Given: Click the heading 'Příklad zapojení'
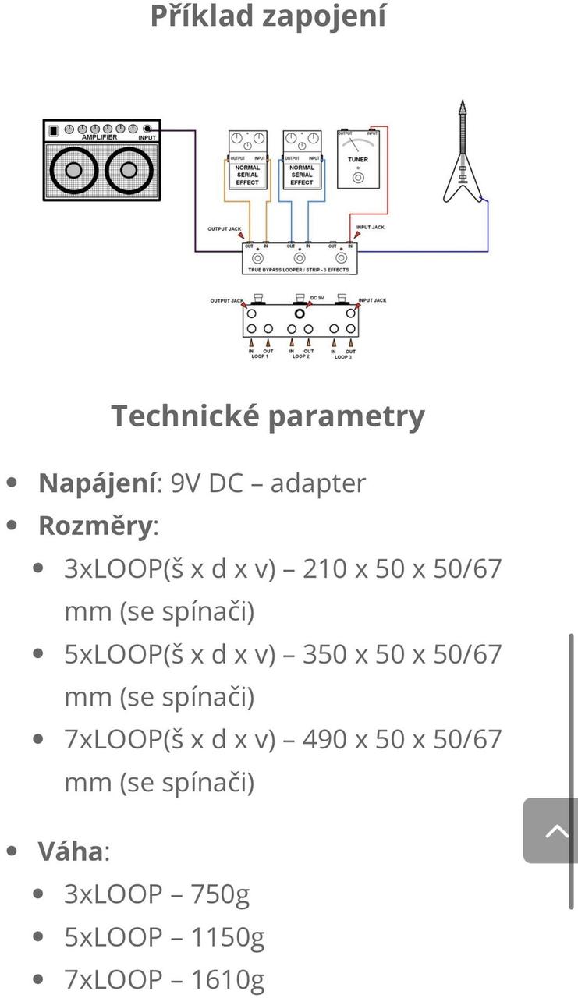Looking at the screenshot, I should coord(268,16).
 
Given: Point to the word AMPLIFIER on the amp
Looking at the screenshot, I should coord(99,138).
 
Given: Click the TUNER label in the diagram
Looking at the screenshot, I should coord(357,160).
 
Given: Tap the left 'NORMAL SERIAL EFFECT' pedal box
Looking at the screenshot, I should coord(247,174).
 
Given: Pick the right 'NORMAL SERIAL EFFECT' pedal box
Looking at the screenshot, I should coord(301,174).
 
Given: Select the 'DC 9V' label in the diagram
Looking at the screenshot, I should coord(317,298).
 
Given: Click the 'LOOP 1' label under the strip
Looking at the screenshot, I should coord(259,357).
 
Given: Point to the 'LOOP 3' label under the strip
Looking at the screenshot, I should coord(342,357).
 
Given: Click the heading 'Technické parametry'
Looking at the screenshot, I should coord(268,416).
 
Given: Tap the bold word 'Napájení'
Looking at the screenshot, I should coord(97,483).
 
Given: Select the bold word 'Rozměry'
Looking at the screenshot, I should coord(95,526).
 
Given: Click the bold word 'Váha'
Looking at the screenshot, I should coord(70,851).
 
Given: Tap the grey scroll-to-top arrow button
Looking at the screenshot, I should coord(555,830).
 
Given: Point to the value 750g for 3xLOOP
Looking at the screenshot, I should coord(211,894).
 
